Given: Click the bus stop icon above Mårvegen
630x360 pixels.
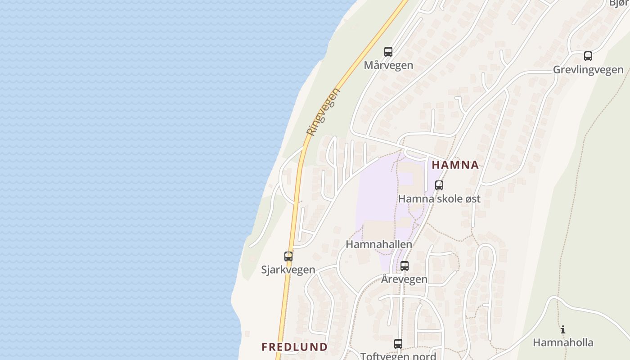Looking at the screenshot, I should point(388,51).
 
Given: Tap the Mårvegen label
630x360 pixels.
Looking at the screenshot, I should point(388,65).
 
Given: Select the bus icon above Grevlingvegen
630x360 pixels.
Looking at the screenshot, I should point(588,56).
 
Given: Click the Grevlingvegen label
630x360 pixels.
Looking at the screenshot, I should point(588,70).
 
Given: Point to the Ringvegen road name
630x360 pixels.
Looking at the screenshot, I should point(324,112).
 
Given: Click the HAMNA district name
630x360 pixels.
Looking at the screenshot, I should point(455,165).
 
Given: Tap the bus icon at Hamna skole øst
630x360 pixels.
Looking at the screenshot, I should point(439,185).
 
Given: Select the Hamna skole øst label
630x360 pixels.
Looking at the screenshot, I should point(439,198).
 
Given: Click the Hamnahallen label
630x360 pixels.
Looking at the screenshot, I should point(379,244).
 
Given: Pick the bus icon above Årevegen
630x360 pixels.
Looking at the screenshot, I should point(405,265).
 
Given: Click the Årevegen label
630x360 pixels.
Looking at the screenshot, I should point(404,279).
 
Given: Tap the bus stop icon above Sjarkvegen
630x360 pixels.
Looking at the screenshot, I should point(288,256).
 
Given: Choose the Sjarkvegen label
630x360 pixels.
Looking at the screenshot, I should point(288,270).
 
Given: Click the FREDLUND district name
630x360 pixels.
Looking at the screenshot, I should point(294,347).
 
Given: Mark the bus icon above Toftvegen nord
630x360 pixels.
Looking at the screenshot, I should point(398,344).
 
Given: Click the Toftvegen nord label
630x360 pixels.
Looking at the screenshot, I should point(398,356).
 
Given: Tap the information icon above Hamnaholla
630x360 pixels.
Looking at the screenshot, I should point(563,329).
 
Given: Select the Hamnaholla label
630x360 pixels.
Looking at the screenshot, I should point(563,342).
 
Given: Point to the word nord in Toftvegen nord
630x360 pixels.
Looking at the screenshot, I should point(424,356).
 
